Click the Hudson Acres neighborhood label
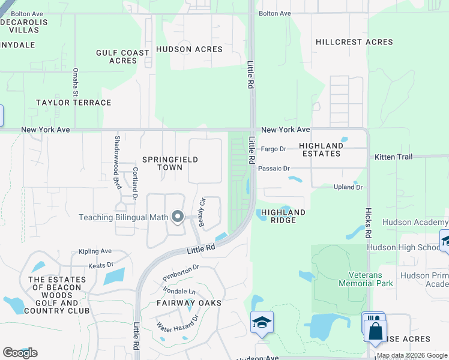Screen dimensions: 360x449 click(189, 49)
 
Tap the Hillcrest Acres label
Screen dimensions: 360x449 click(355, 42)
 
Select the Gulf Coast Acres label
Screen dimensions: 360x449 click(122, 56)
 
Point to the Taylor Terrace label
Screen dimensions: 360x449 click(74, 103)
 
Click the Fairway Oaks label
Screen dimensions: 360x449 click(189, 303)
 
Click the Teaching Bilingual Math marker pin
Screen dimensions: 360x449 click(177, 217)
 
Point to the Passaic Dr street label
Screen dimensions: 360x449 click(274, 169)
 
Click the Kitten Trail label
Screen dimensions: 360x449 click(394, 157)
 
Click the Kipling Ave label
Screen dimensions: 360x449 click(95, 251)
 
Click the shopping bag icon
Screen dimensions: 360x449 click(375, 331)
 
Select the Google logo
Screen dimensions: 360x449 click(20, 353)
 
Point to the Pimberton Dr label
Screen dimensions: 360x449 click(181, 274)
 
